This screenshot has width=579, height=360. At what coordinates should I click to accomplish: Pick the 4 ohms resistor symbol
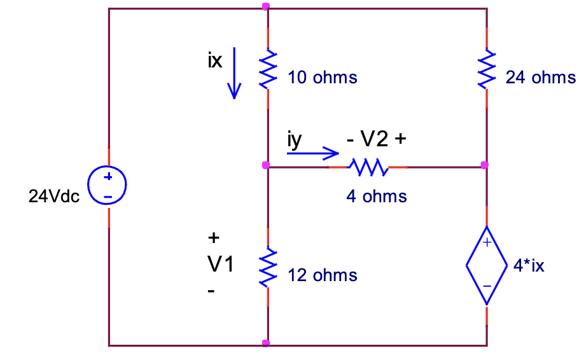coord(367,167)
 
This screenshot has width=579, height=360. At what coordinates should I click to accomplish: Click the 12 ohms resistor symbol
coord(267,268)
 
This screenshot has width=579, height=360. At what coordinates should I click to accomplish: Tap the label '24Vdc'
coord(54,197)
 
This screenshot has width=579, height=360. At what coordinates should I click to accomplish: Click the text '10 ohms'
coord(323,78)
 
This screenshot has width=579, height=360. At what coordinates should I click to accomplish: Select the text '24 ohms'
coord(541,78)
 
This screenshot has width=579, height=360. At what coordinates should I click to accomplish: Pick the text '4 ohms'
coord(376,197)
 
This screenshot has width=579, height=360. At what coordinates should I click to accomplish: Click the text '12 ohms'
coord(323,275)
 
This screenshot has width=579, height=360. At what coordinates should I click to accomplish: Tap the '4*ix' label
coord(529,266)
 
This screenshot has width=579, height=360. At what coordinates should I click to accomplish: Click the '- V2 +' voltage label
coord(375,139)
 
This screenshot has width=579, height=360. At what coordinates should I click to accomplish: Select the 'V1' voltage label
coord(221,265)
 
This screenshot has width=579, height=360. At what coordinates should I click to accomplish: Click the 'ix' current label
coord(215,60)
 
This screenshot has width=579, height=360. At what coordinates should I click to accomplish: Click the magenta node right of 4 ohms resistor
coord(485,165)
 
